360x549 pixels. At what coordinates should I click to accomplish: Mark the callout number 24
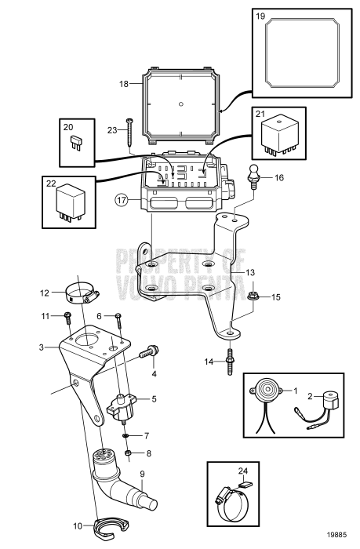point(242,472)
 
